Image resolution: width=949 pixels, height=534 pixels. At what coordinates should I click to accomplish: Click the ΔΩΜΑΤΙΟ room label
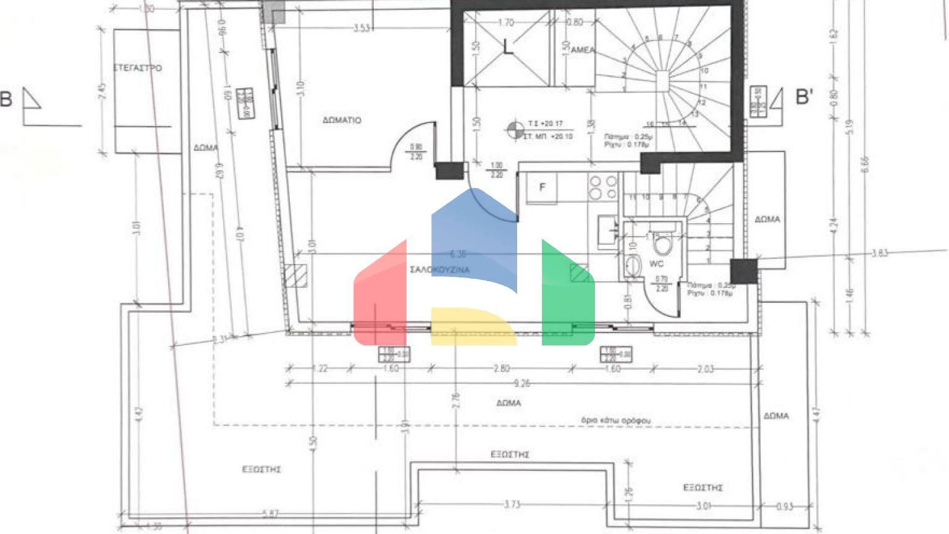(x=342, y=120)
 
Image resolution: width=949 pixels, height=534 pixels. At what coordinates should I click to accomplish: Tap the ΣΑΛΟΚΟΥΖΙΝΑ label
(x=439, y=269)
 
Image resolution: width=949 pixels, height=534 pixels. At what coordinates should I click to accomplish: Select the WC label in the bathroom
(x=656, y=264)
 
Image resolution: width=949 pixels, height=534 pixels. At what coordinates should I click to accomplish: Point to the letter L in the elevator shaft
(x=508, y=47)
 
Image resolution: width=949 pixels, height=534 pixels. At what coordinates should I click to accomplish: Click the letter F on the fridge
(x=542, y=187)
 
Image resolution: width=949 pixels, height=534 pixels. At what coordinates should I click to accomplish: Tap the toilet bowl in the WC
(x=663, y=245)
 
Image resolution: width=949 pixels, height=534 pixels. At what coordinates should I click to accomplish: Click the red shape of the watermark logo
(x=380, y=297)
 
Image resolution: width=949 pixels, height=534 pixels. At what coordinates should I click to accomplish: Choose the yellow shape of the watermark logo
(x=473, y=326)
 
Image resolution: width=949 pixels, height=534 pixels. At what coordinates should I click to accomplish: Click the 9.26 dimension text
(x=522, y=383)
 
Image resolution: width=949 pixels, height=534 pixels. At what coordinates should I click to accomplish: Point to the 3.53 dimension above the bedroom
(x=361, y=28)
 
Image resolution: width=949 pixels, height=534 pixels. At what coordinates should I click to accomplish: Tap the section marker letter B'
(x=804, y=97)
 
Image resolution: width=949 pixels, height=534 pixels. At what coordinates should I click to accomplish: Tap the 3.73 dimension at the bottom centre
(x=512, y=504)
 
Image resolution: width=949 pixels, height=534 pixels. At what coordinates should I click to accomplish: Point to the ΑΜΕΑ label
(x=583, y=50)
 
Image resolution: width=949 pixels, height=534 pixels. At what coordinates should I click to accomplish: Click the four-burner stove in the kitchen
(x=603, y=187)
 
